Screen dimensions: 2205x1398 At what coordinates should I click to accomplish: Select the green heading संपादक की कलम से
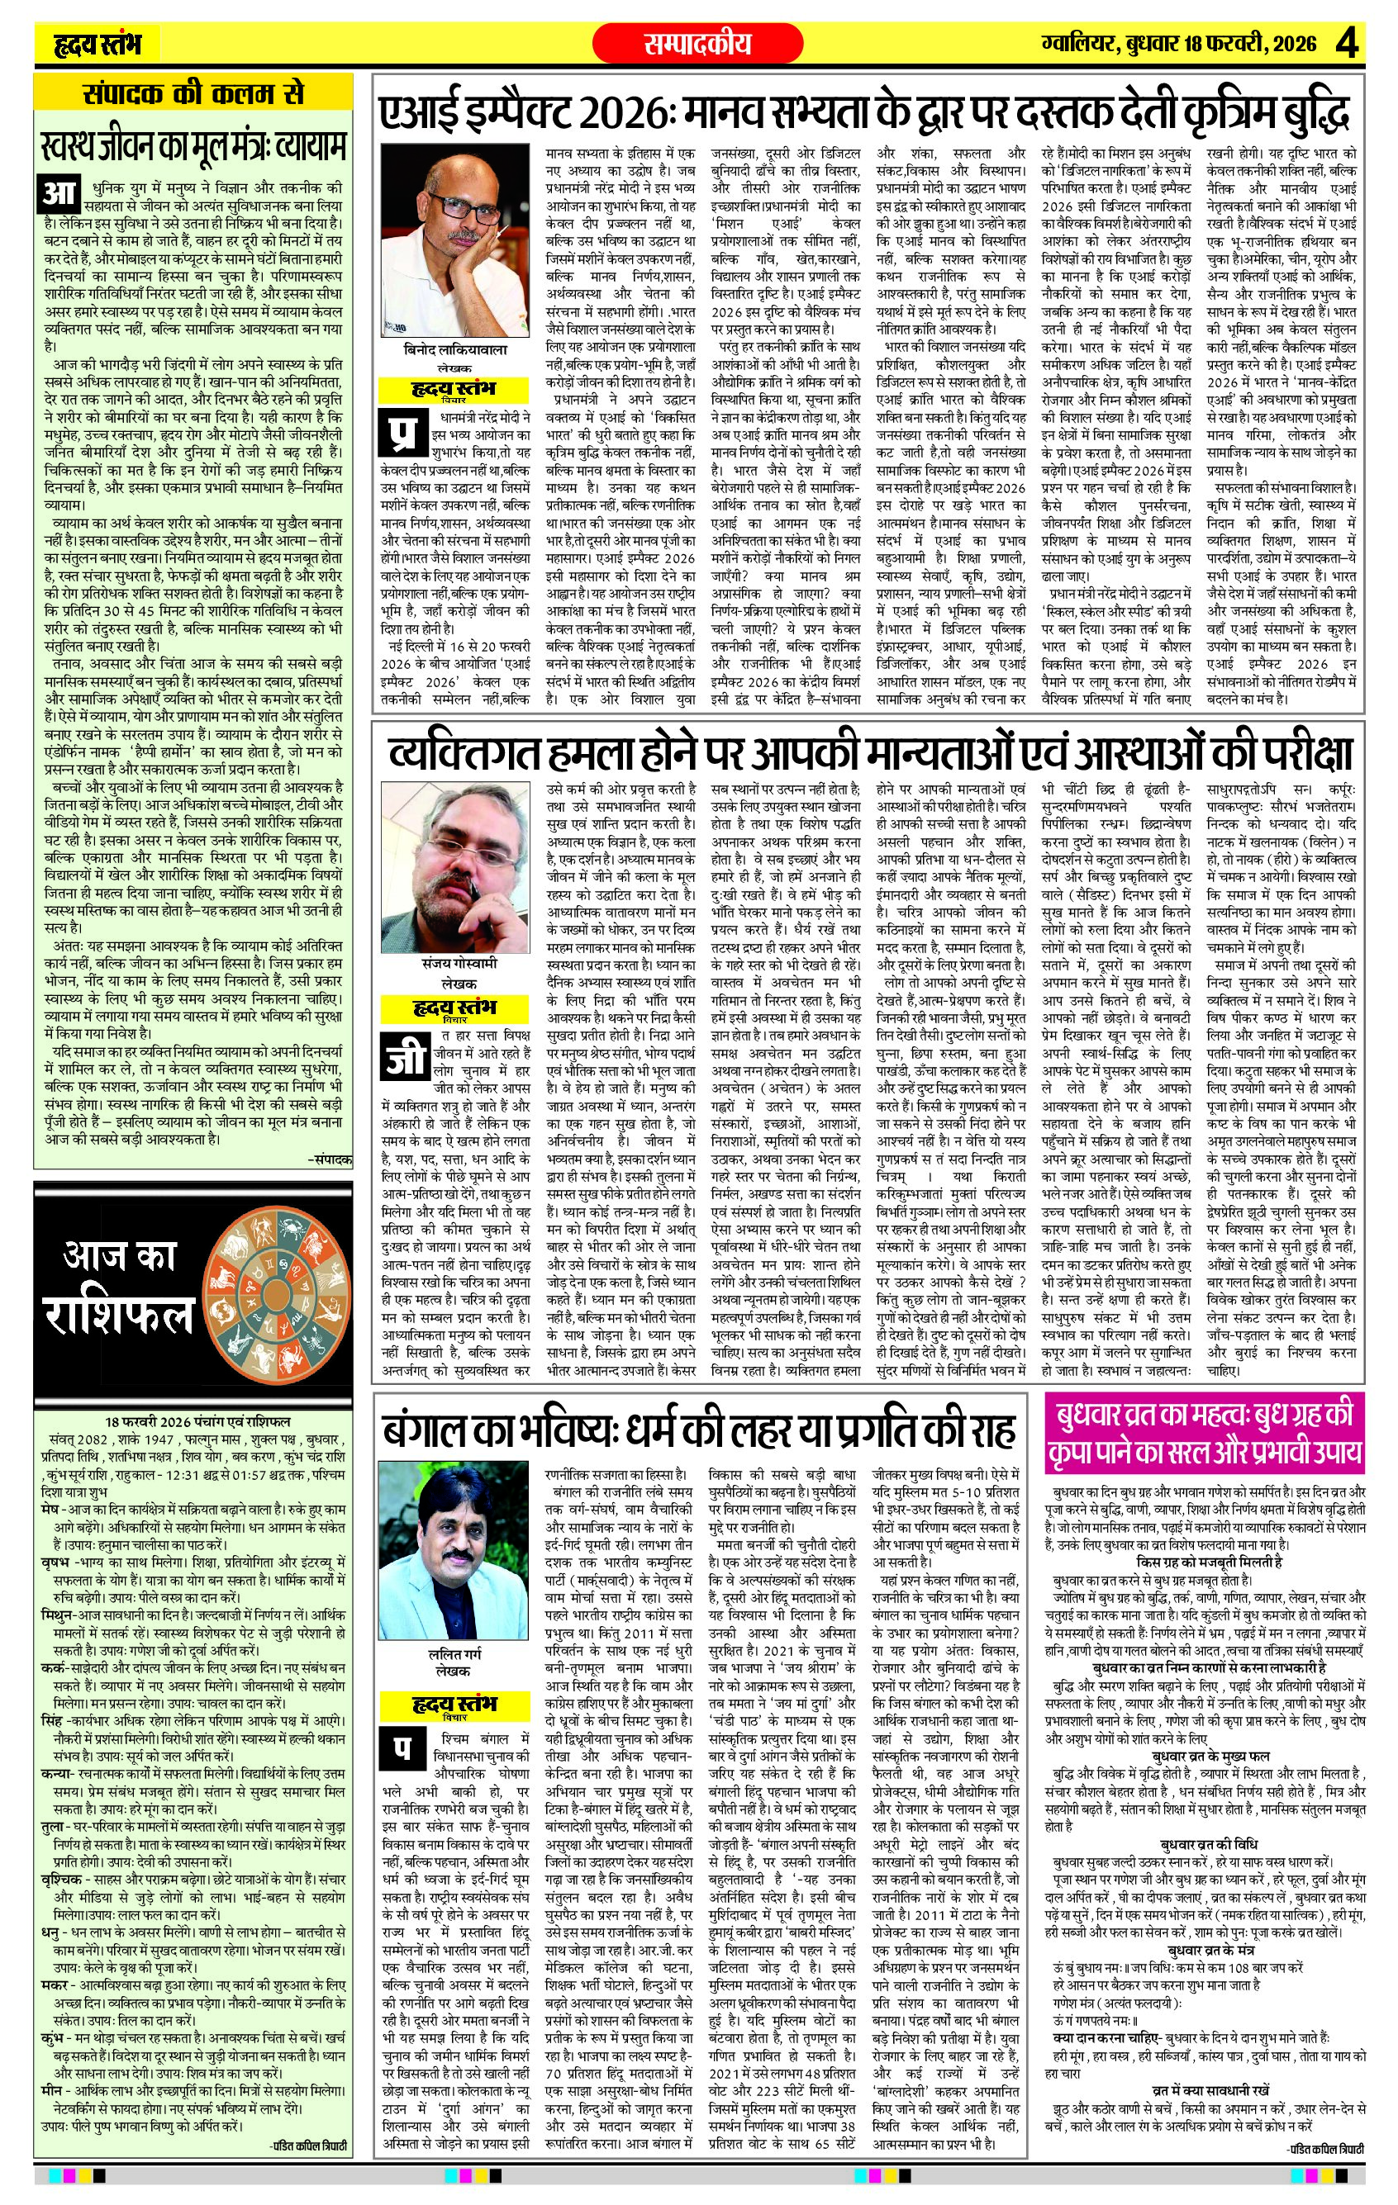pyautogui.click(x=193, y=94)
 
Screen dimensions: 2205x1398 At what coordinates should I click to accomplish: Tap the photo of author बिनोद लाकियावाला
pyautogui.click(x=454, y=242)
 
